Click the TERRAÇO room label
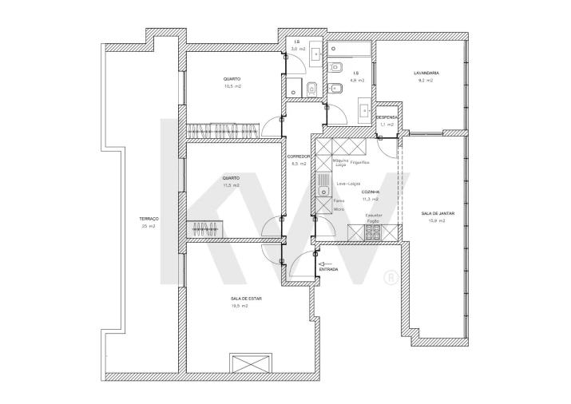[x=149, y=219]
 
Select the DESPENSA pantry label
[x=387, y=117]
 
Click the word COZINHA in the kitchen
[x=370, y=192]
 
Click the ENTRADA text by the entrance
[x=328, y=270]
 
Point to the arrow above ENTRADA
[x=324, y=263]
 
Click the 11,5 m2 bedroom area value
[x=231, y=185]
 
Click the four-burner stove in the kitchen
[x=373, y=232]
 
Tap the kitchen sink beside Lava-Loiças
[x=323, y=189]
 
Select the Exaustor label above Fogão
[x=374, y=215]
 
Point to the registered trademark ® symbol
[x=391, y=279]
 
